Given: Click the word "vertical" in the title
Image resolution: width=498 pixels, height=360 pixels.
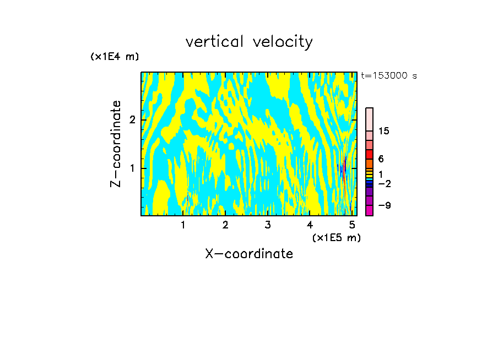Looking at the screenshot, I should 214,42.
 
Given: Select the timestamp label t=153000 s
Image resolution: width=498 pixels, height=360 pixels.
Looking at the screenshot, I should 388,76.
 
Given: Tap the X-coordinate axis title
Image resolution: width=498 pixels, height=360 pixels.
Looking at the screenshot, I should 249,254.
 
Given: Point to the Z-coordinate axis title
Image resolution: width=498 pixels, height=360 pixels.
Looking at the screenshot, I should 116,144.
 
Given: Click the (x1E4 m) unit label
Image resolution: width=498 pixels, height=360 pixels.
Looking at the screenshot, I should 115,57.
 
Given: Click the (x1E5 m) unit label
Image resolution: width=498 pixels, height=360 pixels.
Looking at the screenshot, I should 336,237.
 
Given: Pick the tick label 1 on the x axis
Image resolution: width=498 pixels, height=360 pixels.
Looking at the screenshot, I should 183,225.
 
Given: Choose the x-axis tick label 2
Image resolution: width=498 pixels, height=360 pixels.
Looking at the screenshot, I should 225,225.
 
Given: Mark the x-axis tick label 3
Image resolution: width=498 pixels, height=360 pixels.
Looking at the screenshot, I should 268,225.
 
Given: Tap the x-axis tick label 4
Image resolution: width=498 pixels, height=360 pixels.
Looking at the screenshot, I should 310,225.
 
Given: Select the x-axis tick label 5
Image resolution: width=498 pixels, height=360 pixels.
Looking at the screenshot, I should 352,225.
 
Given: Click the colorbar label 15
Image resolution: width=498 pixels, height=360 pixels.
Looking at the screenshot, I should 385,131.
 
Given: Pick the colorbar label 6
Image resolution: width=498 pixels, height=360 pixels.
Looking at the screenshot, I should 381,159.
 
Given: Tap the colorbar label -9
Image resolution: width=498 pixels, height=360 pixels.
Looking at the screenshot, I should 385,206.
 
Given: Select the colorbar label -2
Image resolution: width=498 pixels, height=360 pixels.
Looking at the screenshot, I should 385,184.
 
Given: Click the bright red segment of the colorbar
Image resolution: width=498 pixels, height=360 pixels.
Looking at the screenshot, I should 369,154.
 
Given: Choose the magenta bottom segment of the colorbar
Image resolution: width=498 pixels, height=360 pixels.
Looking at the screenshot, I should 369,210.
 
